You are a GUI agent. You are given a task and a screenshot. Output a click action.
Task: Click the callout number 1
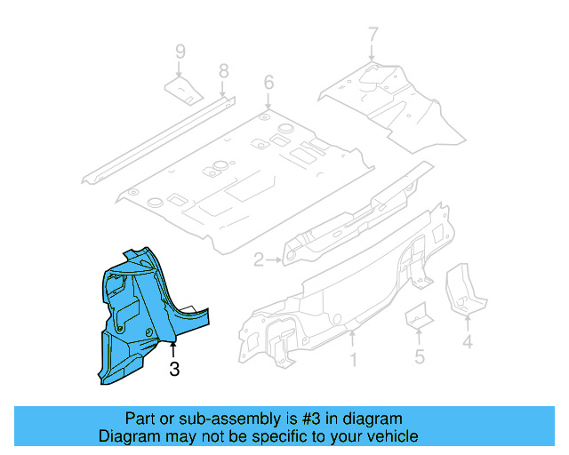coord(352,361)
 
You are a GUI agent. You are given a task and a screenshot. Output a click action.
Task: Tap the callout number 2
coord(258,260)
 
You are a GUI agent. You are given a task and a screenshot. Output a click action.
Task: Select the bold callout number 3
coord(174,369)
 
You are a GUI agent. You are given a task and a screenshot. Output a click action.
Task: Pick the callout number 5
coord(420,358)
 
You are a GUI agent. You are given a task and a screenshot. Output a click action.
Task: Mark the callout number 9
coord(180,51)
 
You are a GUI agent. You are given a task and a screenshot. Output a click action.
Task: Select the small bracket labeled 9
coord(184,89)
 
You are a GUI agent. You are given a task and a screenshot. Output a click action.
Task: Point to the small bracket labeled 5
coord(416,316)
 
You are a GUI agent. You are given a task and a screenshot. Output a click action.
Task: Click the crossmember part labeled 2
coord(356,213)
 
